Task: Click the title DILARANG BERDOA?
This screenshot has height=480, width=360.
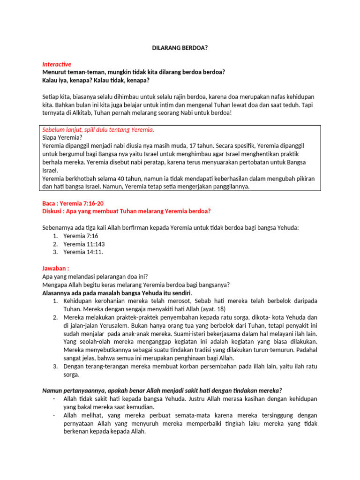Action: point(180,47)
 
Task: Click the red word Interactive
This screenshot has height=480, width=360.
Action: point(57,64)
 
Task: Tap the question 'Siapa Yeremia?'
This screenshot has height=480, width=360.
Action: point(59,138)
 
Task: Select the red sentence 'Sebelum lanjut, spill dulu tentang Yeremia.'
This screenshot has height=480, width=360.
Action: point(98,130)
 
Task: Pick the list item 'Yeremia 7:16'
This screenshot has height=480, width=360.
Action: point(81,236)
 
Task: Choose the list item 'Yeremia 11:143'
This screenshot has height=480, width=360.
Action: point(84,244)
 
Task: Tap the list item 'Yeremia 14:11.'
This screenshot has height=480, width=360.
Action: point(83,252)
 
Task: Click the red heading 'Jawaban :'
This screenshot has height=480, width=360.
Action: point(56,268)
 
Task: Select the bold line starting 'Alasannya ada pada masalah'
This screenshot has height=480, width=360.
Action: point(117,292)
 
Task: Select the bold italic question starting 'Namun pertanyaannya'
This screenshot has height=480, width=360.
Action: point(162,390)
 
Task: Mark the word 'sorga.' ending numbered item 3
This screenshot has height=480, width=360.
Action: point(72,375)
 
